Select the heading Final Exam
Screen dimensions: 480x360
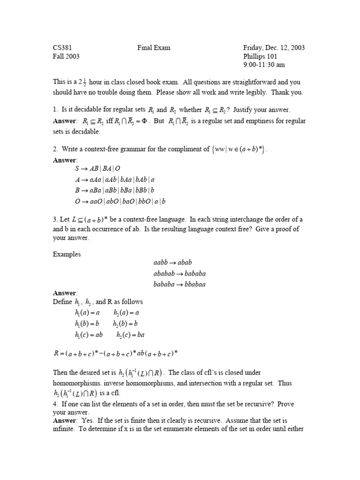[154, 47]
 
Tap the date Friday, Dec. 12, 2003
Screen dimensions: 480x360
[274, 47]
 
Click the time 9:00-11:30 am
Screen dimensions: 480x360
[264, 65]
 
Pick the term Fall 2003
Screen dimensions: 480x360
[66, 56]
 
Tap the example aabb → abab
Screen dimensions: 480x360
[172, 262]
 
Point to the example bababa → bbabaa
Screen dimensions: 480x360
[179, 284]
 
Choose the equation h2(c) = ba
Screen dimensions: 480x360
[129, 335]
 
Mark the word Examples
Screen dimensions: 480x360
[67, 254]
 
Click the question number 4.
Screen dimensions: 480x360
[55, 404]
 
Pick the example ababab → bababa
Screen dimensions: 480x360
[179, 273]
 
